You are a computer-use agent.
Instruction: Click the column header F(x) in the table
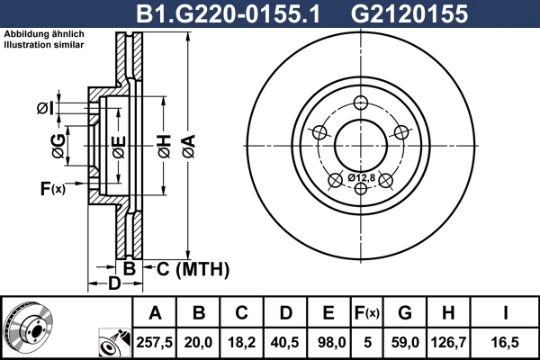pos(365,313)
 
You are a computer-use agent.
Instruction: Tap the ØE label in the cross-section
pos(118,145)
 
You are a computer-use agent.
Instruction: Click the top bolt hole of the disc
pos(363,102)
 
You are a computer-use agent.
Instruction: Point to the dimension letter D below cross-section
pos(113,285)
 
